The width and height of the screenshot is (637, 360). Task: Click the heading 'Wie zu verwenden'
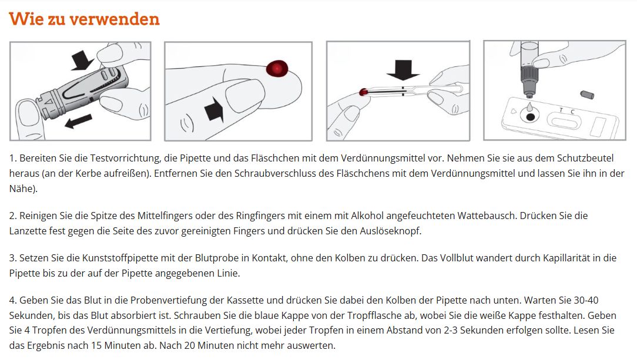tap(84, 19)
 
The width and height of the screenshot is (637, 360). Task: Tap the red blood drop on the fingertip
tap(277, 68)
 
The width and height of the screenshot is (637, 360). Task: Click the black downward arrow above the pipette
tap(403, 69)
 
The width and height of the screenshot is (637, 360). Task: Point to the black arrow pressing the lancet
tap(82, 59)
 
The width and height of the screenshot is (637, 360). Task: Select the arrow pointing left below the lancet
tap(78, 121)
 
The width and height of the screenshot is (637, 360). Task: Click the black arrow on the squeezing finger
tap(214, 110)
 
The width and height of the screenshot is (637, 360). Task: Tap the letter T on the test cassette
tap(561, 110)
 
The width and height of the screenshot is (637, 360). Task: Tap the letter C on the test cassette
tap(572, 112)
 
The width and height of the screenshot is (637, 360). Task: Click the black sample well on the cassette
tap(530, 117)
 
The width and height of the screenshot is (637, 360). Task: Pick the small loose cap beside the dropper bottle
tap(587, 95)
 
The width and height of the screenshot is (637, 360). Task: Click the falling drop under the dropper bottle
tap(529, 107)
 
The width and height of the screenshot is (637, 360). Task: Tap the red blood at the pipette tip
tap(363, 92)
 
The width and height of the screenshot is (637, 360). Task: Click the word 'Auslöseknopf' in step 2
tap(390, 231)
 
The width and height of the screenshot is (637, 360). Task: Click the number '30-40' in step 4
tap(586, 300)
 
